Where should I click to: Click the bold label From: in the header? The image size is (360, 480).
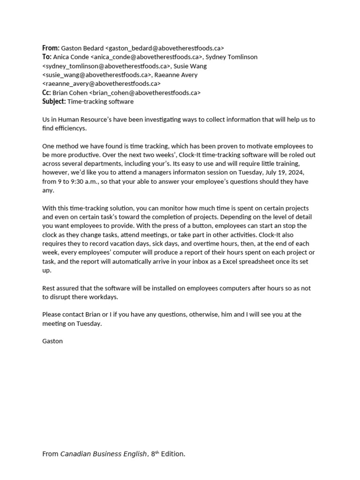[x=51, y=48]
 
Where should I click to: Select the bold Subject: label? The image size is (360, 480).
[x=54, y=101]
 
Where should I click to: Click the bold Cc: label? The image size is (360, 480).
[x=46, y=92]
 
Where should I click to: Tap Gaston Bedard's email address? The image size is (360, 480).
[x=165, y=48]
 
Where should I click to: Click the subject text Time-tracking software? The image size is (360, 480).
[x=101, y=101]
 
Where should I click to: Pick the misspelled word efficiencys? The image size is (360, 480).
[x=70, y=128]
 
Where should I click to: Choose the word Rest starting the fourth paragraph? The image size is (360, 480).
[x=49, y=288]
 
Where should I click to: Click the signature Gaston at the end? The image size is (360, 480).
[x=52, y=341]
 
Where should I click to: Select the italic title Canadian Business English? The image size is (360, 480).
[x=104, y=454]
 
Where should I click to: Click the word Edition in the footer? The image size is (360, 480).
[x=172, y=454]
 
